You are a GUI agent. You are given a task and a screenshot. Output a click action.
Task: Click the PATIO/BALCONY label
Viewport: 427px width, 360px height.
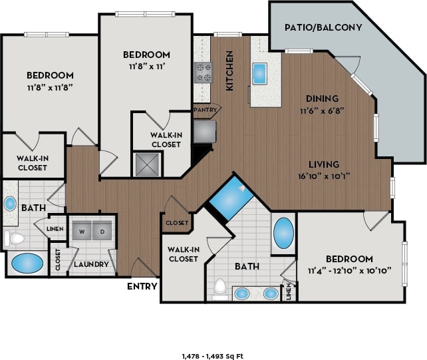tap(323, 27)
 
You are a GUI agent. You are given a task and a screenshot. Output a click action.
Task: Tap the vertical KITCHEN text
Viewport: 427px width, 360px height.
tap(229, 70)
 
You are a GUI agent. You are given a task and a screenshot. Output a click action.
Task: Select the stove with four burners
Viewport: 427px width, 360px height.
tap(203, 72)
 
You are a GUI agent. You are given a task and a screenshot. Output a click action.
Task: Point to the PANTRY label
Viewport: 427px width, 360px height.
tap(203, 110)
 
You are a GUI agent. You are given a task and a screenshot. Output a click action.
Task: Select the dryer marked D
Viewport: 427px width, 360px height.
tap(102, 231)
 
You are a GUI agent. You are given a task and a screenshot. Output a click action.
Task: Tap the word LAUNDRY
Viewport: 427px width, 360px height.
tap(91, 264)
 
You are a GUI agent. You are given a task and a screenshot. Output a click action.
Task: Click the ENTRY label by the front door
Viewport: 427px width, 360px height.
tap(142, 287)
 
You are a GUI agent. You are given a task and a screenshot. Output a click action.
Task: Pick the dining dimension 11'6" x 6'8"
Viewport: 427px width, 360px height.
tap(322, 111)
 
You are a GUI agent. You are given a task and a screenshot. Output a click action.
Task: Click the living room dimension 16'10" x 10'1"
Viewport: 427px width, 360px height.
tap(324, 176)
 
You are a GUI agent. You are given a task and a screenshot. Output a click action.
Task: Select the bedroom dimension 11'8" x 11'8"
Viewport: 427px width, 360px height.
tap(50, 87)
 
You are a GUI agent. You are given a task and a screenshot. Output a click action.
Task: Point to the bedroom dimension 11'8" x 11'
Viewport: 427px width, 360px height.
tap(146, 67)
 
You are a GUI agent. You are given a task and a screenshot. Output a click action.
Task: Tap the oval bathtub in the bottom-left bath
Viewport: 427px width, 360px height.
tap(26, 263)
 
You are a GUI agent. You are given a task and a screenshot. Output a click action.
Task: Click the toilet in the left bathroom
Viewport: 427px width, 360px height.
tap(15, 238)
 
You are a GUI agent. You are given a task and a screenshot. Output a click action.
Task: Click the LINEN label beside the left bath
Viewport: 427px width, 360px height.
tap(55, 228)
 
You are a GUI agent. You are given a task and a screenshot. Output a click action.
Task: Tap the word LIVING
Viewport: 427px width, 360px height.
tap(324, 164)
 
